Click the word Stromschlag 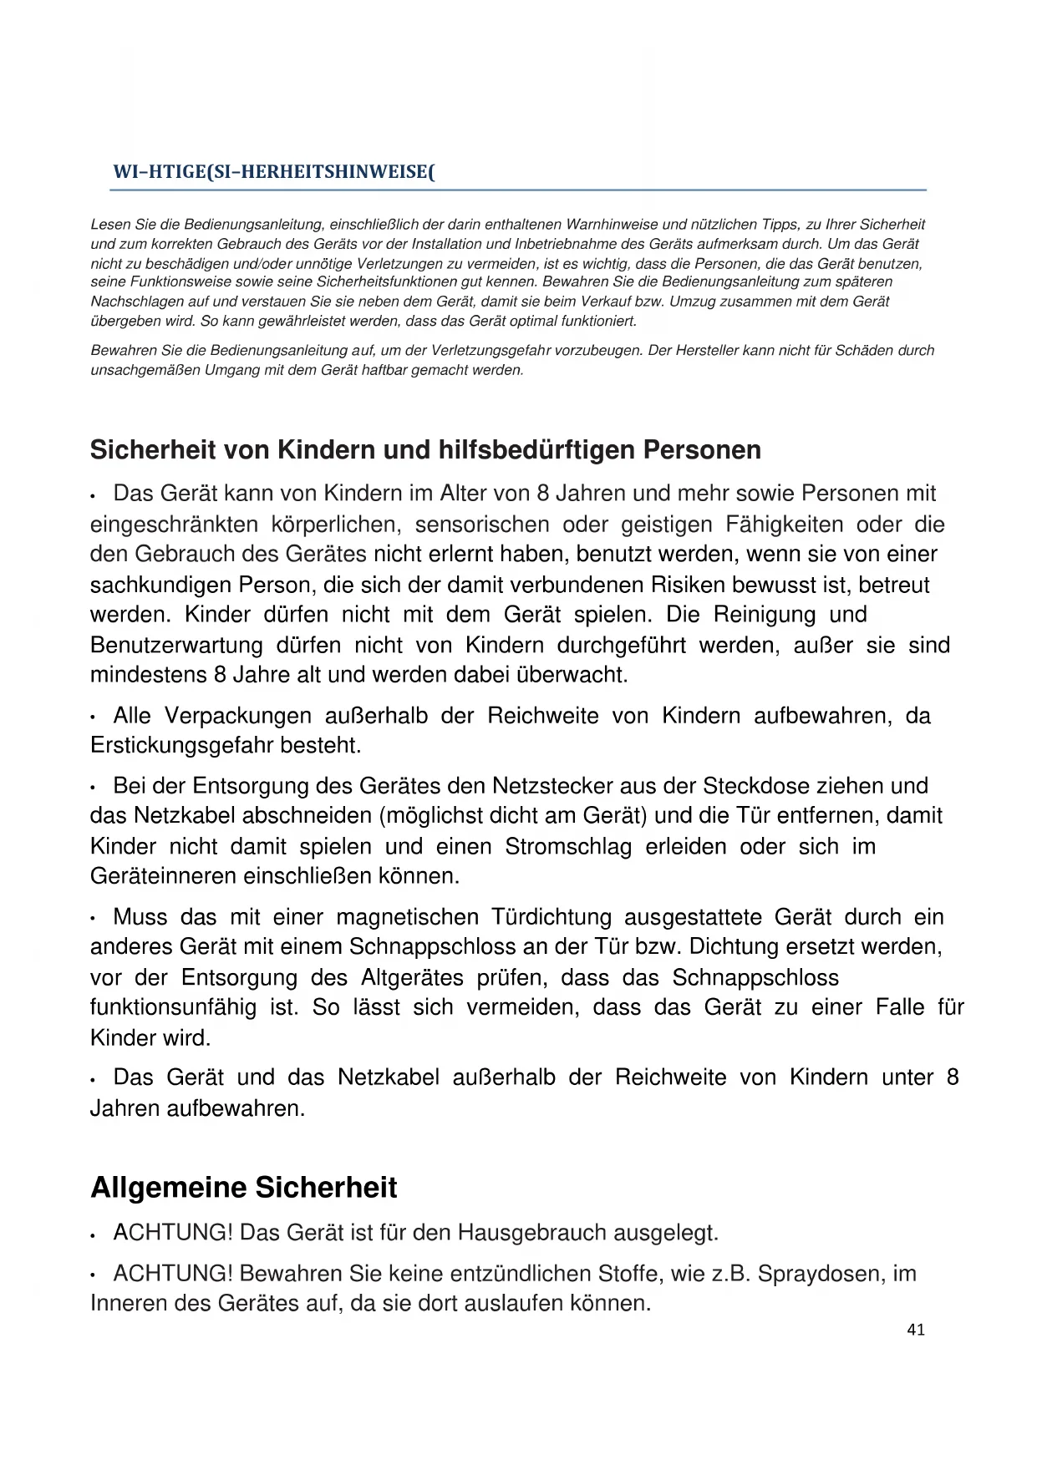click(x=568, y=846)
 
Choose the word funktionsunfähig click(x=173, y=1007)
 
